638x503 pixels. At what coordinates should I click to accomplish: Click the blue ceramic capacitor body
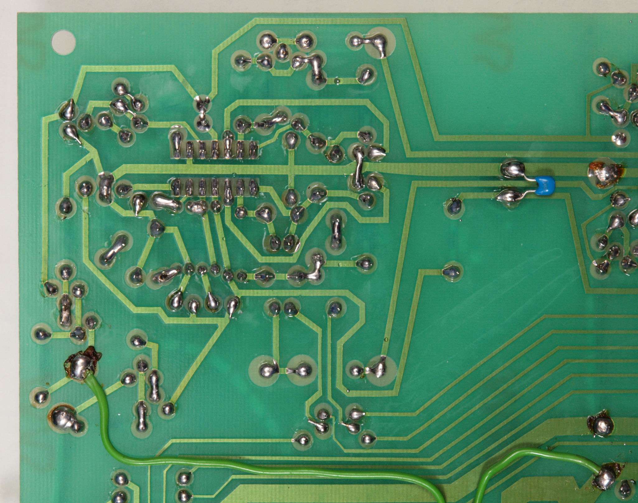pyautogui.click(x=545, y=184)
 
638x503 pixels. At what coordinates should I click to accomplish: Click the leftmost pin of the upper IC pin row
pyautogui.click(x=176, y=144)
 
